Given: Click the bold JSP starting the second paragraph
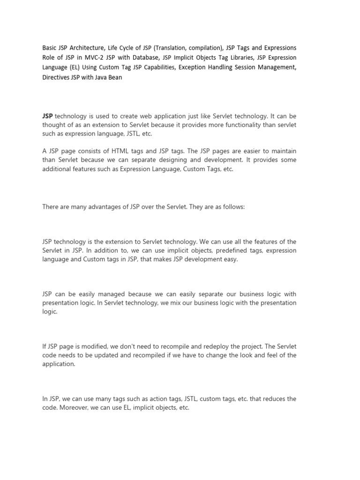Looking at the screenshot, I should [x=47, y=115].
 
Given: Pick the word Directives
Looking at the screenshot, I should [x=57, y=78].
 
